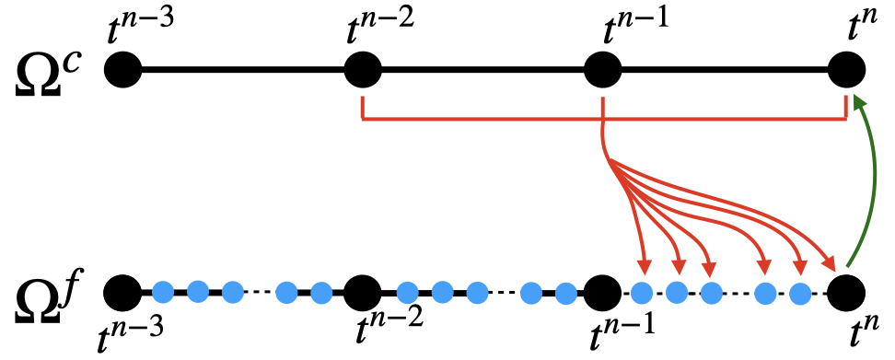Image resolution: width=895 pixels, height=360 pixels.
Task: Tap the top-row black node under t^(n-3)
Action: [123, 70]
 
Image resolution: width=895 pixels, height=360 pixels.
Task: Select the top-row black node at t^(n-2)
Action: [364, 70]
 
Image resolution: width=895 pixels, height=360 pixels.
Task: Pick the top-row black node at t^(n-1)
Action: [603, 70]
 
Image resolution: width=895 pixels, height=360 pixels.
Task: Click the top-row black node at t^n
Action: [846, 70]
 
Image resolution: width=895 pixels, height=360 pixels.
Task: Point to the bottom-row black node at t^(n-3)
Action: [123, 293]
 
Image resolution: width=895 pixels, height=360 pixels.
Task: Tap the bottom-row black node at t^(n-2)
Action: [364, 293]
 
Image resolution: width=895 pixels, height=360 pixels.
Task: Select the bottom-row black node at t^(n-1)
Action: [603, 293]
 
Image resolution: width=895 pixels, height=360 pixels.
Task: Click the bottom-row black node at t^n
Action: [846, 293]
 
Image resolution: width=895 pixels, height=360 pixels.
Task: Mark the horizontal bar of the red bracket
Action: [603, 121]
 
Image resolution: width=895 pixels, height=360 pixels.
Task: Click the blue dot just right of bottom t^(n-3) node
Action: [164, 293]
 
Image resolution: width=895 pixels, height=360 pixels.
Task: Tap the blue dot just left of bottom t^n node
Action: [800, 293]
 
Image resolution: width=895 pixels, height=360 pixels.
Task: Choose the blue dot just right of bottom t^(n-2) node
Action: [406, 293]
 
